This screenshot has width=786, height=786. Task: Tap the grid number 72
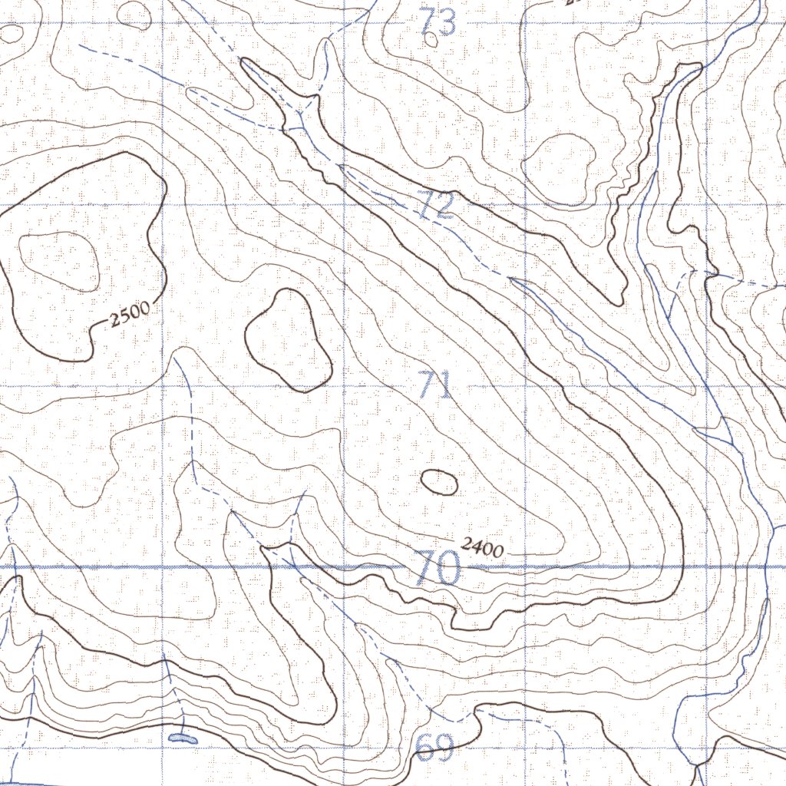437,205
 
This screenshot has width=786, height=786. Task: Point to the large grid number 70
437,569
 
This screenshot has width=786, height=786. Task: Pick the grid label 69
435,748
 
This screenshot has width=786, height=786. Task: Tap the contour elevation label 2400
482,547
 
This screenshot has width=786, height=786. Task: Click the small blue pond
182,738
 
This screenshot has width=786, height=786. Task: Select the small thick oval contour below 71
440,482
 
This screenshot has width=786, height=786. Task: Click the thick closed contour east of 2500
288,339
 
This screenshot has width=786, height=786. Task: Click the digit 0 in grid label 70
448,569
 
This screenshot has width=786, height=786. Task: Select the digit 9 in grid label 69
444,748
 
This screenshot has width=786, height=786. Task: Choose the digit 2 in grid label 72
445,206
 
